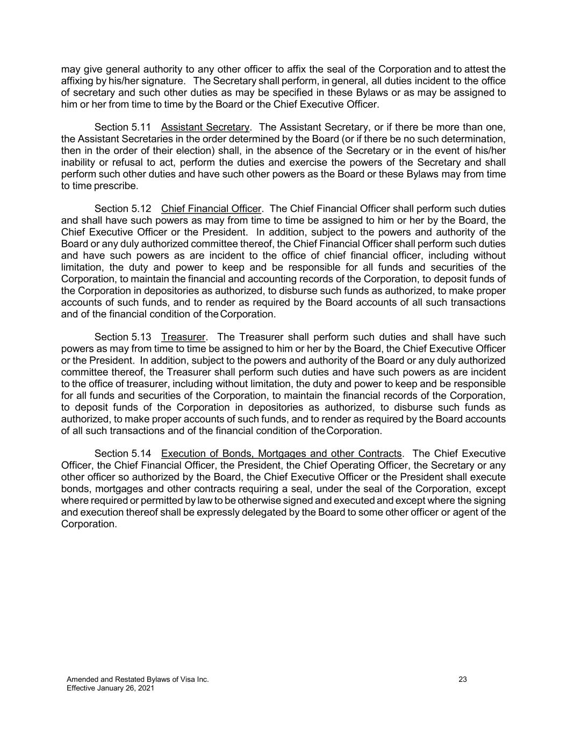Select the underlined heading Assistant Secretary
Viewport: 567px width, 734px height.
pos(205,127)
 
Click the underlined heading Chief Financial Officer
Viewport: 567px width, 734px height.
pos(211,209)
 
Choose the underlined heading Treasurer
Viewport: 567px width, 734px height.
pos(183,337)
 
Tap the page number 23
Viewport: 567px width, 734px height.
pos(463,680)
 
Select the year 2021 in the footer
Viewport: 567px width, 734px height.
pos(145,688)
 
